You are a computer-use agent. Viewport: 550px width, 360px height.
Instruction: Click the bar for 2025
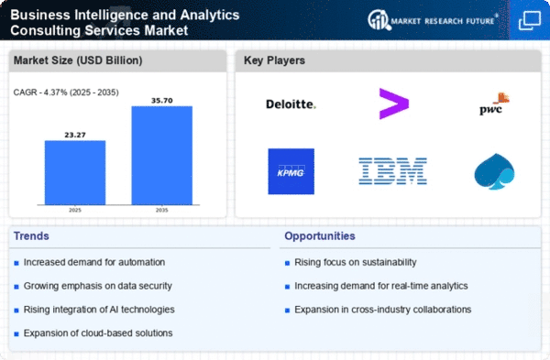coord(75,172)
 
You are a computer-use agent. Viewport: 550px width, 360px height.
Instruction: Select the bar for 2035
coord(161,156)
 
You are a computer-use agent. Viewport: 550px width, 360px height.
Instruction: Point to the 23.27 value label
coord(75,135)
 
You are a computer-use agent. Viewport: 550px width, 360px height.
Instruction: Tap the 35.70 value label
coord(162,101)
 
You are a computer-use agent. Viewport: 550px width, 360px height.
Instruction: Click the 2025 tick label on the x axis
coord(75,210)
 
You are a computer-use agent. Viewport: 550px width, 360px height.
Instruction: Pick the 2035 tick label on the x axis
coord(161,210)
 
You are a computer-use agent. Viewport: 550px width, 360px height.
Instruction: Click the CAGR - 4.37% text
coord(40,93)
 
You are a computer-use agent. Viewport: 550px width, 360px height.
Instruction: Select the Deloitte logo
coord(291,104)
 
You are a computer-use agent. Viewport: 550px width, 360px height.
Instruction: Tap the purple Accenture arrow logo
coord(394,104)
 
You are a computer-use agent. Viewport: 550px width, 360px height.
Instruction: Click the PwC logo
coord(494,104)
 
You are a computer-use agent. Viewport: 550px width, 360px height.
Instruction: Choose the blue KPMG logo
coord(291,171)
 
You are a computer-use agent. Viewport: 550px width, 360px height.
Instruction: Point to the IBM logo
coord(393,171)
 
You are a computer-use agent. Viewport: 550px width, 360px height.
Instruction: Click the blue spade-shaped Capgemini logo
coord(494,171)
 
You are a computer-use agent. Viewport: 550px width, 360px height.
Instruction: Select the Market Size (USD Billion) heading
coord(78,60)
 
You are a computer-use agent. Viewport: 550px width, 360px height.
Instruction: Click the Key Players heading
coord(274,60)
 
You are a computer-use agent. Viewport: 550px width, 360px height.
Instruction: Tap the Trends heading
coord(31,236)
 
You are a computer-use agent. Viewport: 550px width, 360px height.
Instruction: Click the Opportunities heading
coord(320,236)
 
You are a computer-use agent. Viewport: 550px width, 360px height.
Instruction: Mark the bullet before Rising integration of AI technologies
coord(16,311)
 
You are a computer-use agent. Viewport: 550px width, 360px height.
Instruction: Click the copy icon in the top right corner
coord(530,20)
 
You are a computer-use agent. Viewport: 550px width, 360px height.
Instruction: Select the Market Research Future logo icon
coord(379,19)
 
